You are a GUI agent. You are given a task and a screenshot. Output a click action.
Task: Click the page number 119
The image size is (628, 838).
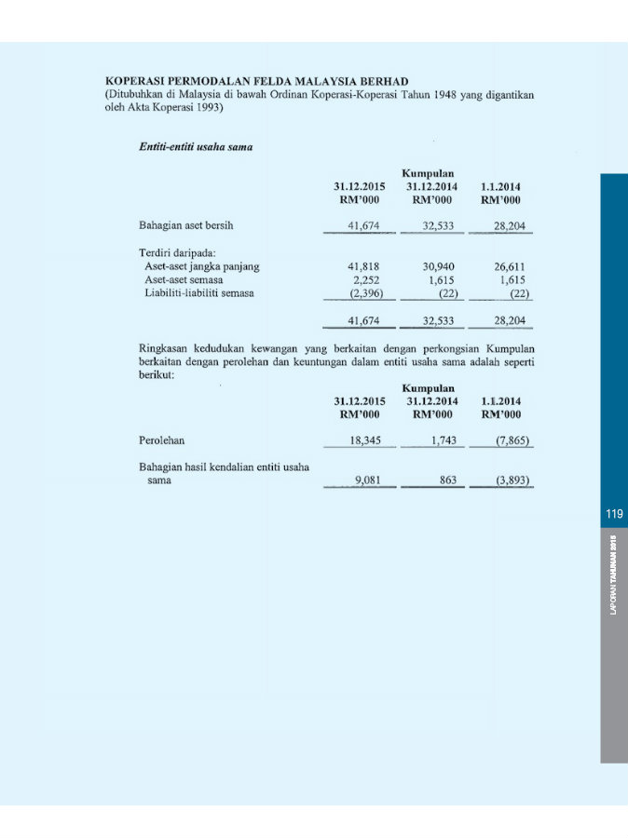613,514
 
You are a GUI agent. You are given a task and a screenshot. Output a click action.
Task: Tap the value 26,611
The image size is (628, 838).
510,266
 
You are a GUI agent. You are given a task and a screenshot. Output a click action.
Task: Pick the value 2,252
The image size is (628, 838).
371,279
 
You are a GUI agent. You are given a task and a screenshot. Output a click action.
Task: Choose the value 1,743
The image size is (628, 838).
440,440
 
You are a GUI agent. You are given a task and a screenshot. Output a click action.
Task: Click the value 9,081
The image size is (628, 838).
372,481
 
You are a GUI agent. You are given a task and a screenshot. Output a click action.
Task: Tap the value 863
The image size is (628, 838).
444,481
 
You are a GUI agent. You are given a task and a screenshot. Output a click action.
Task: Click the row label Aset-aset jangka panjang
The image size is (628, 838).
201,266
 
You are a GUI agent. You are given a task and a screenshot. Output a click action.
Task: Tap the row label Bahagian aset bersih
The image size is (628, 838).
185,225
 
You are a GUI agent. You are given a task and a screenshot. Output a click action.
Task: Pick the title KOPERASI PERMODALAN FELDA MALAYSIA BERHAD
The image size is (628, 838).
257,82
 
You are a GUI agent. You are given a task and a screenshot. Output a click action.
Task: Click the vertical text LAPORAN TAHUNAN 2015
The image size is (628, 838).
614,574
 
